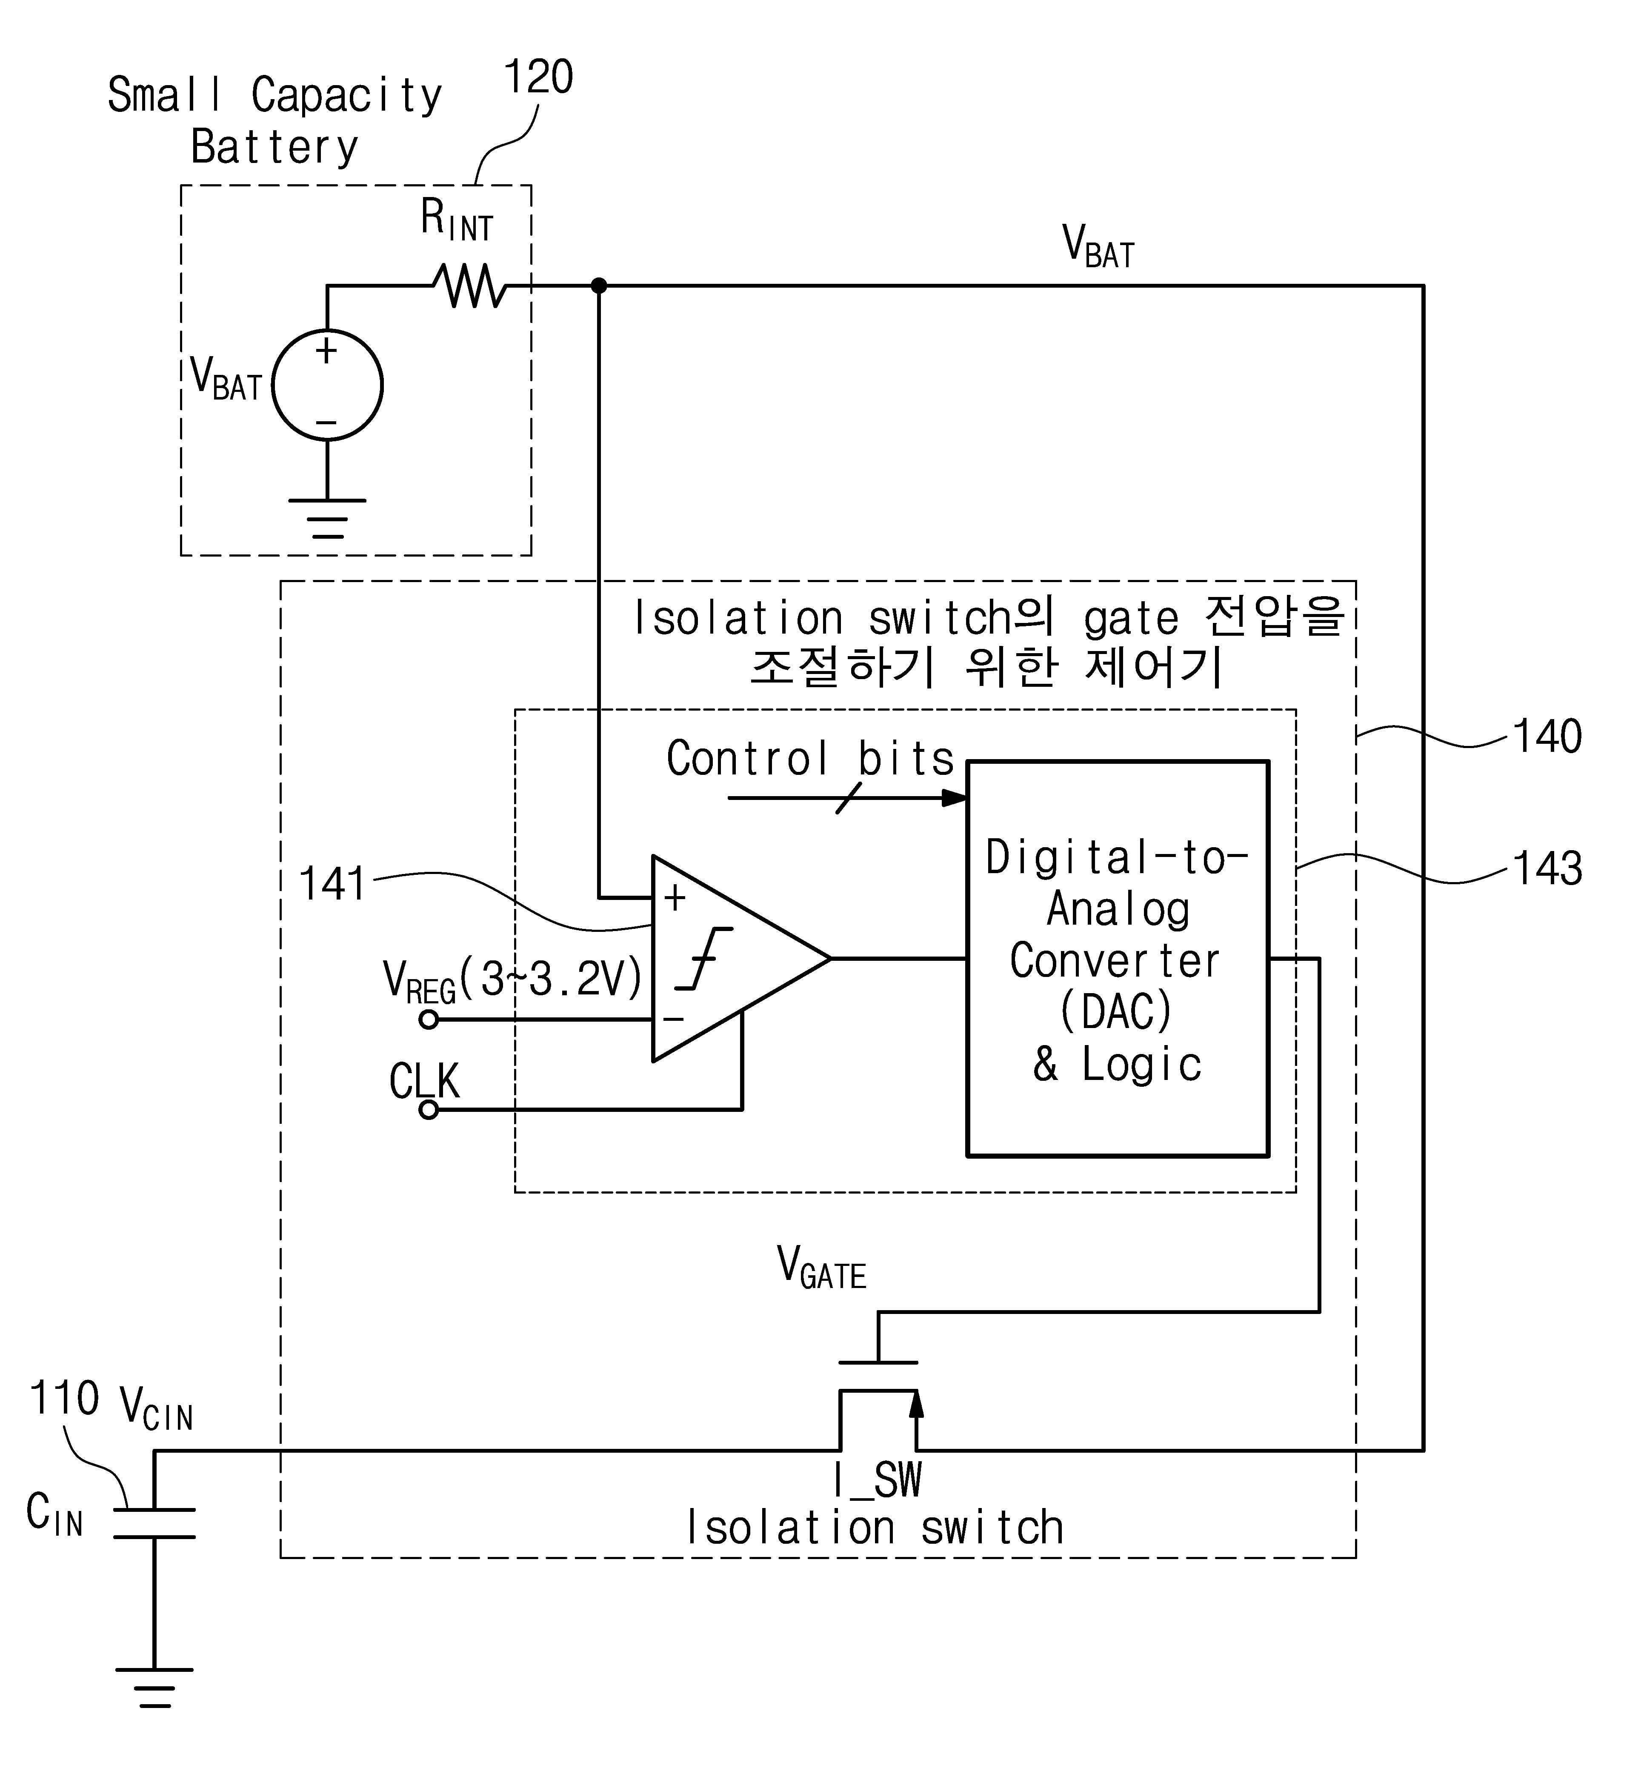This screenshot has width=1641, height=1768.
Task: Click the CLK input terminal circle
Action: click(x=429, y=1110)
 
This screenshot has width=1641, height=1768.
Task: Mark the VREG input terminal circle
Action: click(x=429, y=1020)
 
